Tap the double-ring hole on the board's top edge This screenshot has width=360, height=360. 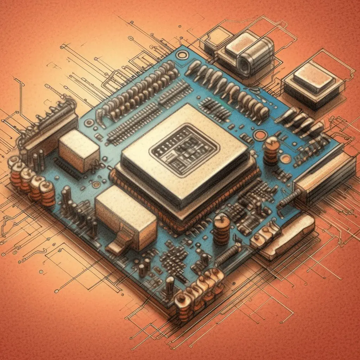pos(182,55)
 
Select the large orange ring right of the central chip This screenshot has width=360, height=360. pos(261,135)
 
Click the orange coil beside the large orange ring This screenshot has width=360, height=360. pos(271,151)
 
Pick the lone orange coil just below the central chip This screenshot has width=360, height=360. pos(221,229)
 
